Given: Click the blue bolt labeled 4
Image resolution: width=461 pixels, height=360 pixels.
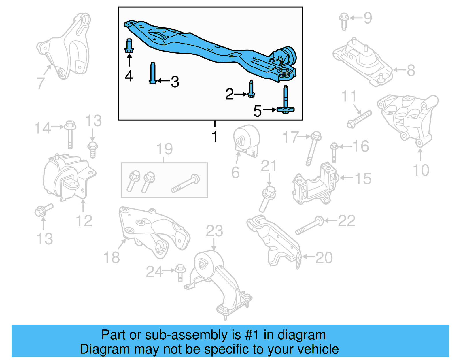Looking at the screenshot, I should [x=129, y=46].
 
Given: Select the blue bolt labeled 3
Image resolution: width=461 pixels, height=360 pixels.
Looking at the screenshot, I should [x=153, y=73].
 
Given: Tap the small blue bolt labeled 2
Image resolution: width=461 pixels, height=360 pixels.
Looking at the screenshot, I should [x=251, y=90].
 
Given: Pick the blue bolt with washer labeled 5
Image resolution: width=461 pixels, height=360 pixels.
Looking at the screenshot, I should [x=286, y=101].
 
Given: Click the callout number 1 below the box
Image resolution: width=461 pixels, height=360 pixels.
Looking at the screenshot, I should [x=215, y=137].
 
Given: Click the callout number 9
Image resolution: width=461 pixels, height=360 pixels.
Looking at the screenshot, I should [x=368, y=18].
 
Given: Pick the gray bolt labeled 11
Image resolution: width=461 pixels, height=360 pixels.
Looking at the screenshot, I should [x=360, y=119].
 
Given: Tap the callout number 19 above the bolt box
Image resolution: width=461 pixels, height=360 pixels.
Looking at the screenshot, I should [x=164, y=149].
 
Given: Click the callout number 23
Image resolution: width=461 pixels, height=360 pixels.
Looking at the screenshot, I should [x=214, y=231].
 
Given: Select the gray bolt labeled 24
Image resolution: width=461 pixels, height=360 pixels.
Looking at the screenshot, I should [x=180, y=272].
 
